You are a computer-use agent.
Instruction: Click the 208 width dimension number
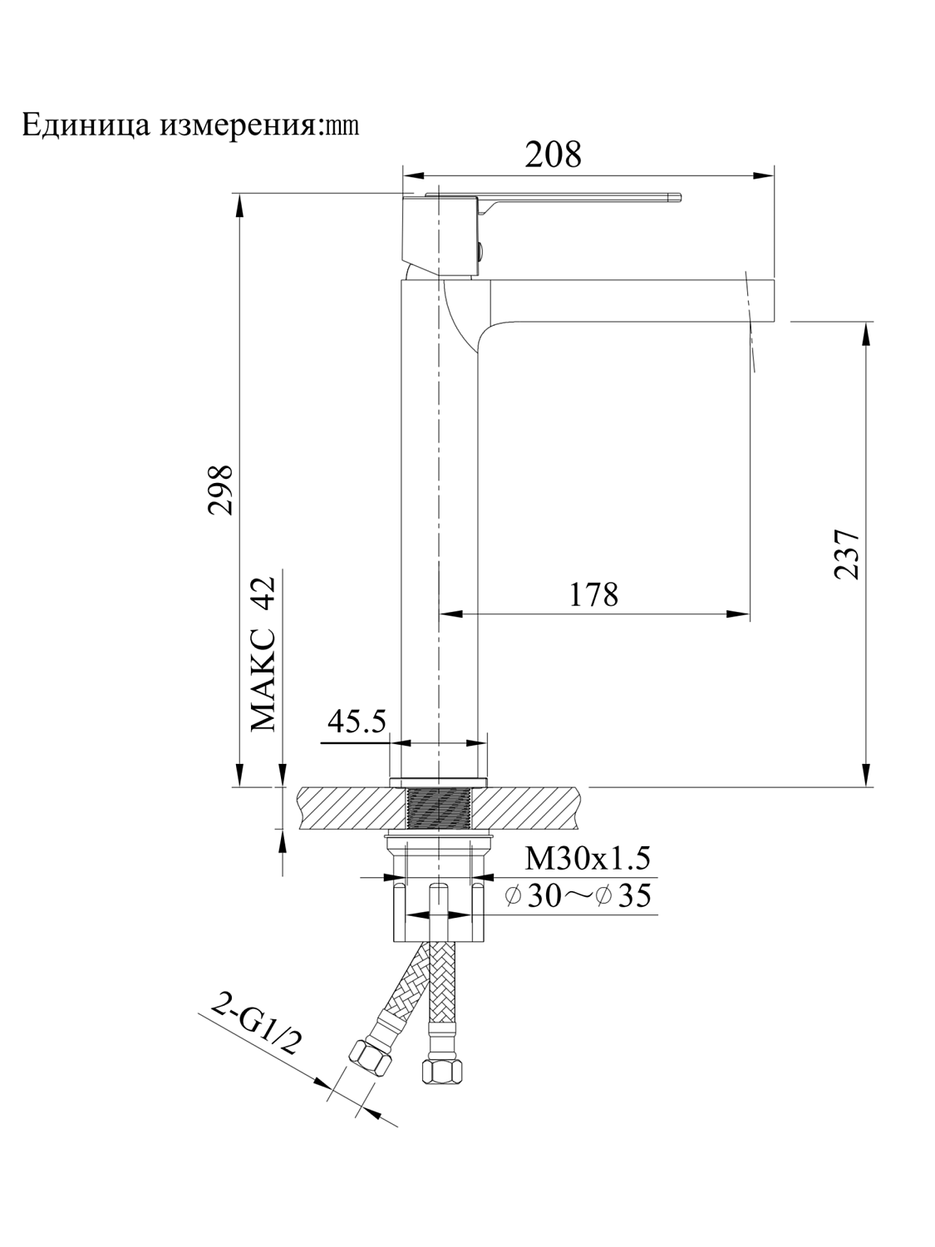pos(553,155)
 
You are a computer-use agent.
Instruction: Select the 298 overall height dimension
pos(220,490)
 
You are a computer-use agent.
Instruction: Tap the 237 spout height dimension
pos(845,553)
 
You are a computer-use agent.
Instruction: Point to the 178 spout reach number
pos(593,595)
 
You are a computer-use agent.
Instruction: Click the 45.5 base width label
pos(357,721)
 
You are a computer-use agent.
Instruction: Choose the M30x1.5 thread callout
pos(587,857)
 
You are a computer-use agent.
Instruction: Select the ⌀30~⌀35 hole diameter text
pos(578,897)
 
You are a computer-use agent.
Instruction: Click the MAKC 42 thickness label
pos(263,654)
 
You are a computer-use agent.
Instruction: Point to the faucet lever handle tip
pos(675,198)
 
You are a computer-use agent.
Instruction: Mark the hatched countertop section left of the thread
pos(349,808)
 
